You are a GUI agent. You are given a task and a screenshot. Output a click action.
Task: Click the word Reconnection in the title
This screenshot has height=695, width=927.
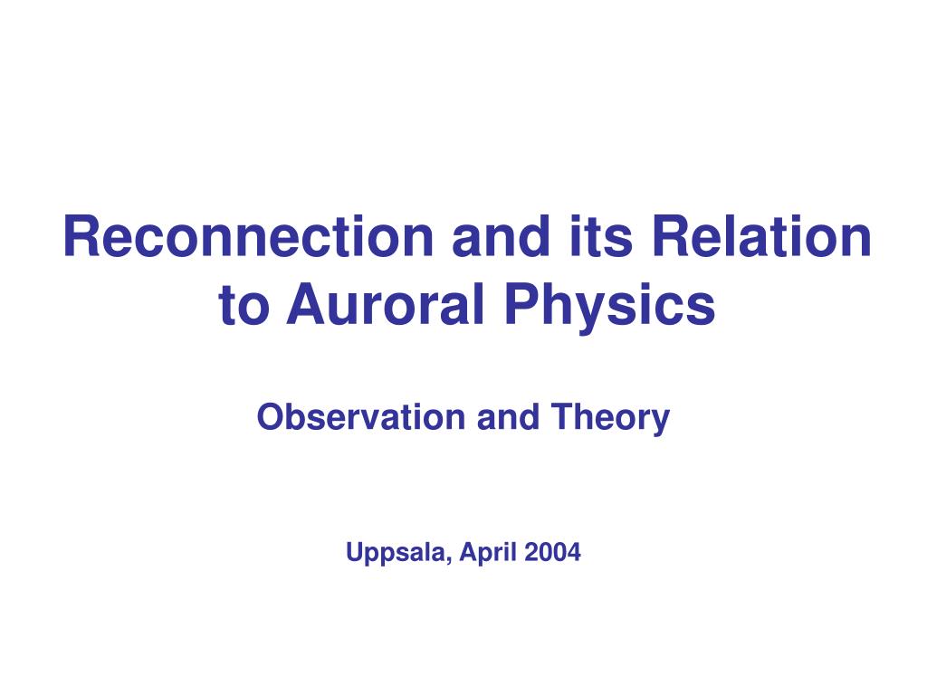coord(249,236)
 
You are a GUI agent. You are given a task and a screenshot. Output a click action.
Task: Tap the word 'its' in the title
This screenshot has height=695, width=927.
coord(601,236)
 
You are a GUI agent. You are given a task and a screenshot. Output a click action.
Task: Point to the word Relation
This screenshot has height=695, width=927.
coord(761,236)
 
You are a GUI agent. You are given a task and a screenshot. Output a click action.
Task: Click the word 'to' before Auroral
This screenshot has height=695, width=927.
coord(244,305)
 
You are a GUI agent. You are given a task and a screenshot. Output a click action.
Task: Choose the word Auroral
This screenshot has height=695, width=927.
coord(386,304)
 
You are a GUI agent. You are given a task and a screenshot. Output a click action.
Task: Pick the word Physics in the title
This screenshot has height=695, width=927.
coord(609,306)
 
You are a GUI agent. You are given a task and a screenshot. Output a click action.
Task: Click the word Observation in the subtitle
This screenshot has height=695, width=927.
coord(361,416)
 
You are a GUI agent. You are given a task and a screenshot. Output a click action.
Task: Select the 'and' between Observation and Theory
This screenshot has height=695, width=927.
coord(508,416)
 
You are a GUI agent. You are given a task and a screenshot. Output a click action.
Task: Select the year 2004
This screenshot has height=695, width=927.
coord(553,552)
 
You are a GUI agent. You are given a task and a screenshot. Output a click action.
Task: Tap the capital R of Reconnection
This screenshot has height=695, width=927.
coord(81,236)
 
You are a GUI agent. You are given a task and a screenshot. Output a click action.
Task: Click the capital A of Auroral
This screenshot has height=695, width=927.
coord(308,304)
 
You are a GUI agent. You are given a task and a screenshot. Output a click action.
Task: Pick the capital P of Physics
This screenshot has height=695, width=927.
coord(521,304)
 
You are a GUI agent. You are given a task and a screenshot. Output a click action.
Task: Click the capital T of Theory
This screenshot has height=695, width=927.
coord(563,416)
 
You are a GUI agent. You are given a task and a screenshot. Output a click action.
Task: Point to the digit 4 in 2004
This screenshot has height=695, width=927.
coord(574,552)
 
